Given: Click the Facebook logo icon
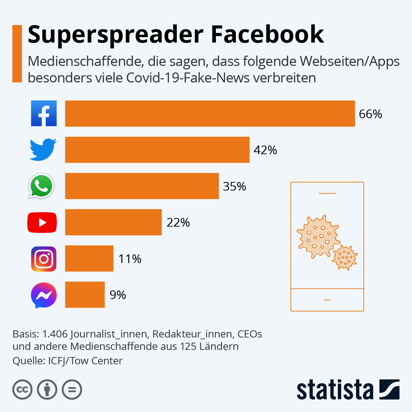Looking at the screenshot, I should pos(44,113).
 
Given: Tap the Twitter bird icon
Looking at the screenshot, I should pos(43,149).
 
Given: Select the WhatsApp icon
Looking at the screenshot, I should pos(42,186).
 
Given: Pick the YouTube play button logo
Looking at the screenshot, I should pos(42,222).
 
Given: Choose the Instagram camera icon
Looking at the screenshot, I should pos(44,259).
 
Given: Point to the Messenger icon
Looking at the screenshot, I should pos(44,295).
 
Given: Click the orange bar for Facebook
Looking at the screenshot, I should pos(210,114).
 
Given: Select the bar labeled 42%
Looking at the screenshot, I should pos(157,150).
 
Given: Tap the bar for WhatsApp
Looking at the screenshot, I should pos(142,186).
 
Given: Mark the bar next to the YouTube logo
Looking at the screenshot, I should pos(113,222).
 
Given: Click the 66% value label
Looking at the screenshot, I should pos(370,114).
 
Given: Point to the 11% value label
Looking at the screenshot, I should pos(130,259).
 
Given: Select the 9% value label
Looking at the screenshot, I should pos(118,295).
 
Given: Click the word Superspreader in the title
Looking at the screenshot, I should pos(115,34).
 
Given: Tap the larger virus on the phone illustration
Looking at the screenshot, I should pos(318,237).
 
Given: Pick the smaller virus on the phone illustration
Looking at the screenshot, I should pos(345,257).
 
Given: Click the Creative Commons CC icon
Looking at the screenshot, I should pos(22,390).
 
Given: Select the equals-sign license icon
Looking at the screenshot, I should pos(72,390).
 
